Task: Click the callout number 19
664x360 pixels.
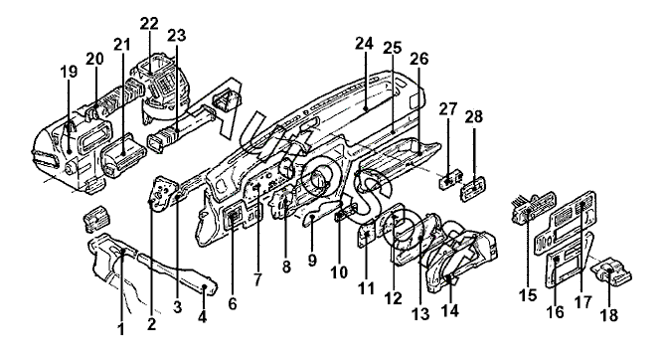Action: coord(70,72)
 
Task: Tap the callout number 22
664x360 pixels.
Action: coord(149,24)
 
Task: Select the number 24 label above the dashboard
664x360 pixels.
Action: coord(364,43)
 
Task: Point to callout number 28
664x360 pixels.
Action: coord(474,117)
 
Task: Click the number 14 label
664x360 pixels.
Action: coord(450,311)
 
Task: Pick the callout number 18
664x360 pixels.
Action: coord(609,314)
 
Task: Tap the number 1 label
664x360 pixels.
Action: coord(121,328)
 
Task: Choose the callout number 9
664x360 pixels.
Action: coord(312,260)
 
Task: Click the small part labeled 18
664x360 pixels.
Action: coord(611,271)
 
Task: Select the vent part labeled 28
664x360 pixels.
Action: coord(473,188)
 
